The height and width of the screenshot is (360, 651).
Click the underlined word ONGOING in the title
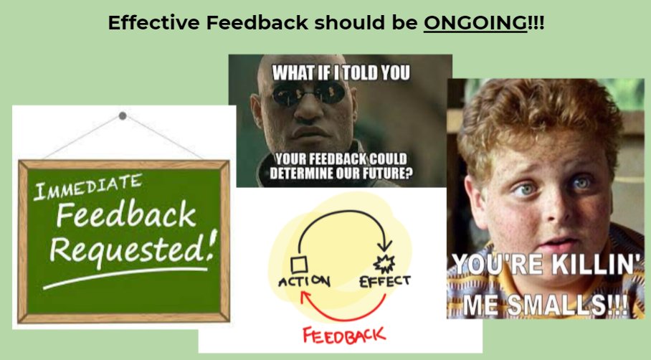(475, 23)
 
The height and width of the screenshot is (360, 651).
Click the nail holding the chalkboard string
(123, 115)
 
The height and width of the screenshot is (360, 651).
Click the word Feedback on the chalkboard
(126, 216)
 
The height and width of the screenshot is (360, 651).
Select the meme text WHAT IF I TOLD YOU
(341, 72)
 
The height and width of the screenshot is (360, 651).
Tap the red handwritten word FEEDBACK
(343, 335)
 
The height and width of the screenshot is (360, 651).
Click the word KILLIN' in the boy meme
(587, 266)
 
